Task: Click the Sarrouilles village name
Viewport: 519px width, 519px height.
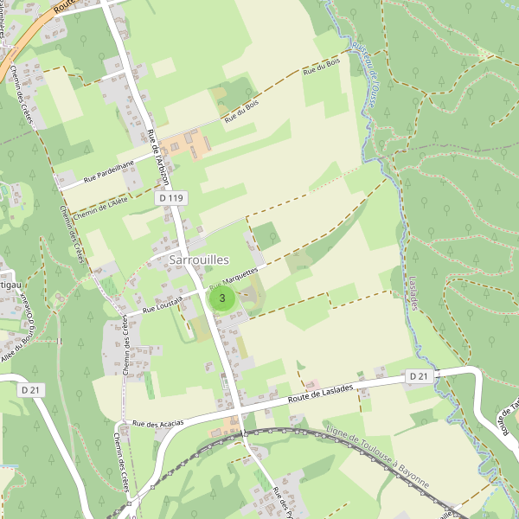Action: point(200,259)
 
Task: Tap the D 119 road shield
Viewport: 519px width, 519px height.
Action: point(171,198)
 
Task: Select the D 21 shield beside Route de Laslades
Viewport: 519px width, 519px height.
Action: point(419,375)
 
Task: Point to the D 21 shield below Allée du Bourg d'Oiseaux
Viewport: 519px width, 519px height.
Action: point(31,390)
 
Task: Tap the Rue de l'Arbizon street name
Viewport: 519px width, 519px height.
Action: point(158,156)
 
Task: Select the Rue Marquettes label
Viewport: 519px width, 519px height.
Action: point(234,279)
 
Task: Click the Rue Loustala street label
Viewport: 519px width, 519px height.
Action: point(162,302)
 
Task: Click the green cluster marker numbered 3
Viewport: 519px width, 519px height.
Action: point(223,299)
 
